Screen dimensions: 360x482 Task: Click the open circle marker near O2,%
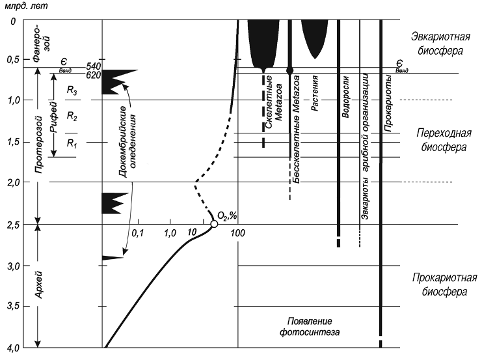click(x=214, y=225)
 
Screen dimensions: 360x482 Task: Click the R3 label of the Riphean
click(x=72, y=94)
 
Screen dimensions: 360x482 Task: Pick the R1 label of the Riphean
click(x=72, y=145)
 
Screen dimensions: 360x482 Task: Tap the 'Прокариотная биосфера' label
click(x=440, y=285)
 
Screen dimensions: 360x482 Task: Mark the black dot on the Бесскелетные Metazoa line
click(x=289, y=70)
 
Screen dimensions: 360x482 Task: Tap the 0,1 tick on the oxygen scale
click(x=137, y=232)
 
